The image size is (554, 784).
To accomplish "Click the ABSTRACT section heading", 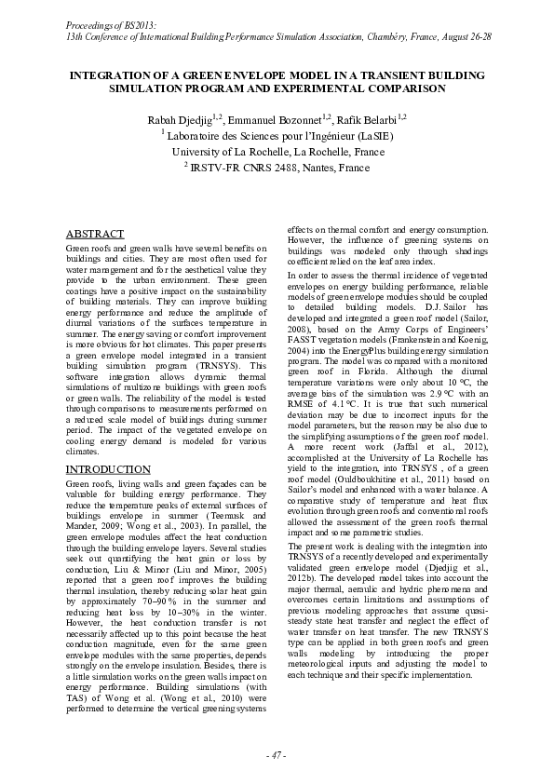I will point(96,234).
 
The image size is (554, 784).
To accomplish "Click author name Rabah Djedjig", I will point(181,118).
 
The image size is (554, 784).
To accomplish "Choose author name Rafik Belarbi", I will point(371,118).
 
